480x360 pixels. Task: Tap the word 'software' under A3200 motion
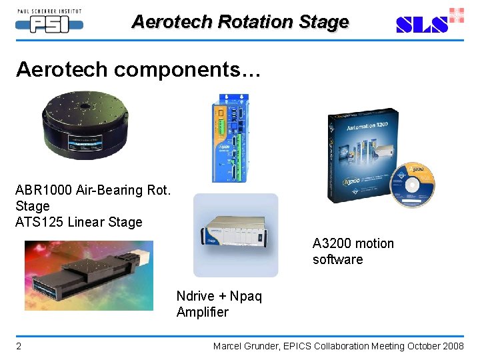pos(337,259)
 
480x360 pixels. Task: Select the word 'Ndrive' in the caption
pos(195,296)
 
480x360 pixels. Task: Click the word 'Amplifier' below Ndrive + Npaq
pos(202,312)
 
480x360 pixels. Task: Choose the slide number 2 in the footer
pos(19,346)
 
